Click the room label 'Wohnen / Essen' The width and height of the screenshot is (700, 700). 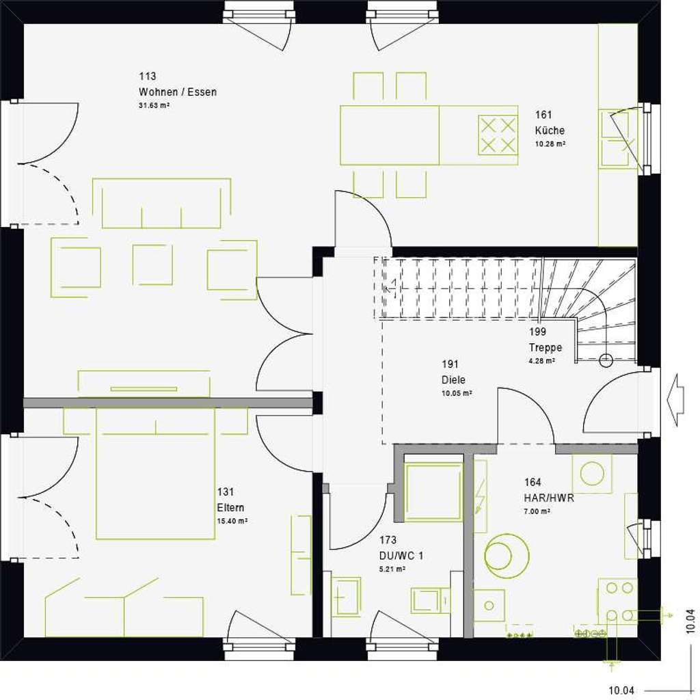click(x=177, y=92)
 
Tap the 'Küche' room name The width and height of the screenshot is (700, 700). click(x=550, y=130)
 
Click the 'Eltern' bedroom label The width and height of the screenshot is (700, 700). click(x=230, y=507)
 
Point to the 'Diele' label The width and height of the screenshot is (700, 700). click(x=453, y=380)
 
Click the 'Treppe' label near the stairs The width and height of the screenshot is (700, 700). click(x=545, y=347)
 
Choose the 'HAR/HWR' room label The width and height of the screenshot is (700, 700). click(x=549, y=498)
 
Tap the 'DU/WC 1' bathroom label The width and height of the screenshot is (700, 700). click(x=401, y=556)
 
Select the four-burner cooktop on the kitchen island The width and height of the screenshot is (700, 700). click(x=497, y=135)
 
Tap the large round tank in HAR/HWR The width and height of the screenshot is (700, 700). click(x=507, y=555)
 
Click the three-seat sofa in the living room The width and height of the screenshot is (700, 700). click(x=161, y=204)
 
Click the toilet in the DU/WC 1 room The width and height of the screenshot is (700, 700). click(x=429, y=600)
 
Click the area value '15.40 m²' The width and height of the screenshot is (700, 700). click(x=232, y=520)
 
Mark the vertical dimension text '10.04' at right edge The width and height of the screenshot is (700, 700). click(x=690, y=623)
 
